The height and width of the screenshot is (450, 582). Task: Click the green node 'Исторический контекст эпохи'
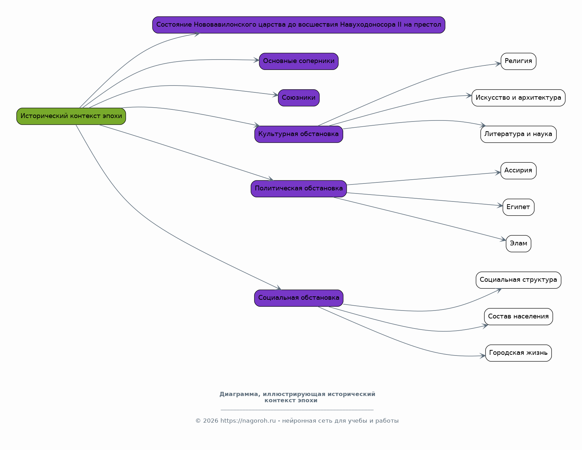coord(71,116)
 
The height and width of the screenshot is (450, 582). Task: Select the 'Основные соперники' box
coord(299,61)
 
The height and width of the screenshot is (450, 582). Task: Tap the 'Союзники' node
coord(299,98)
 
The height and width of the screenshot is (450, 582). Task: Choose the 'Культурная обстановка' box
coord(299,134)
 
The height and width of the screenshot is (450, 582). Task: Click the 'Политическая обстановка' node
coord(299,189)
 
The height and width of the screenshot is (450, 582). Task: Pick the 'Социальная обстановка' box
coord(299,298)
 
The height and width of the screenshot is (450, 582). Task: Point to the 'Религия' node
coord(519,61)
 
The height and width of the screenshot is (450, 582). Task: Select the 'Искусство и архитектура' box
coord(519,98)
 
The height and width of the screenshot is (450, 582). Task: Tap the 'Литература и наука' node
coord(519,134)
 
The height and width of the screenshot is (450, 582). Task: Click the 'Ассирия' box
coord(519,171)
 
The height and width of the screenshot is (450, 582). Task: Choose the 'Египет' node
coord(519,207)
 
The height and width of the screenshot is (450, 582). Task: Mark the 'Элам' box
coord(519,244)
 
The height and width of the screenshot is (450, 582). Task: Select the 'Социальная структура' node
coord(519,280)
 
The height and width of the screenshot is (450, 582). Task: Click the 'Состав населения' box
coord(519,317)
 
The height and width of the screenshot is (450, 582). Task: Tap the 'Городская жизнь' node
coord(519,353)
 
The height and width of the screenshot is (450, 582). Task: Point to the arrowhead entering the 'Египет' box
coord(500,206)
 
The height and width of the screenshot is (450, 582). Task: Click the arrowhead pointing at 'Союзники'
coord(276,94)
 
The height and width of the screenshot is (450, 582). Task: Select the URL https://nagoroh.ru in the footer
coord(248,421)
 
